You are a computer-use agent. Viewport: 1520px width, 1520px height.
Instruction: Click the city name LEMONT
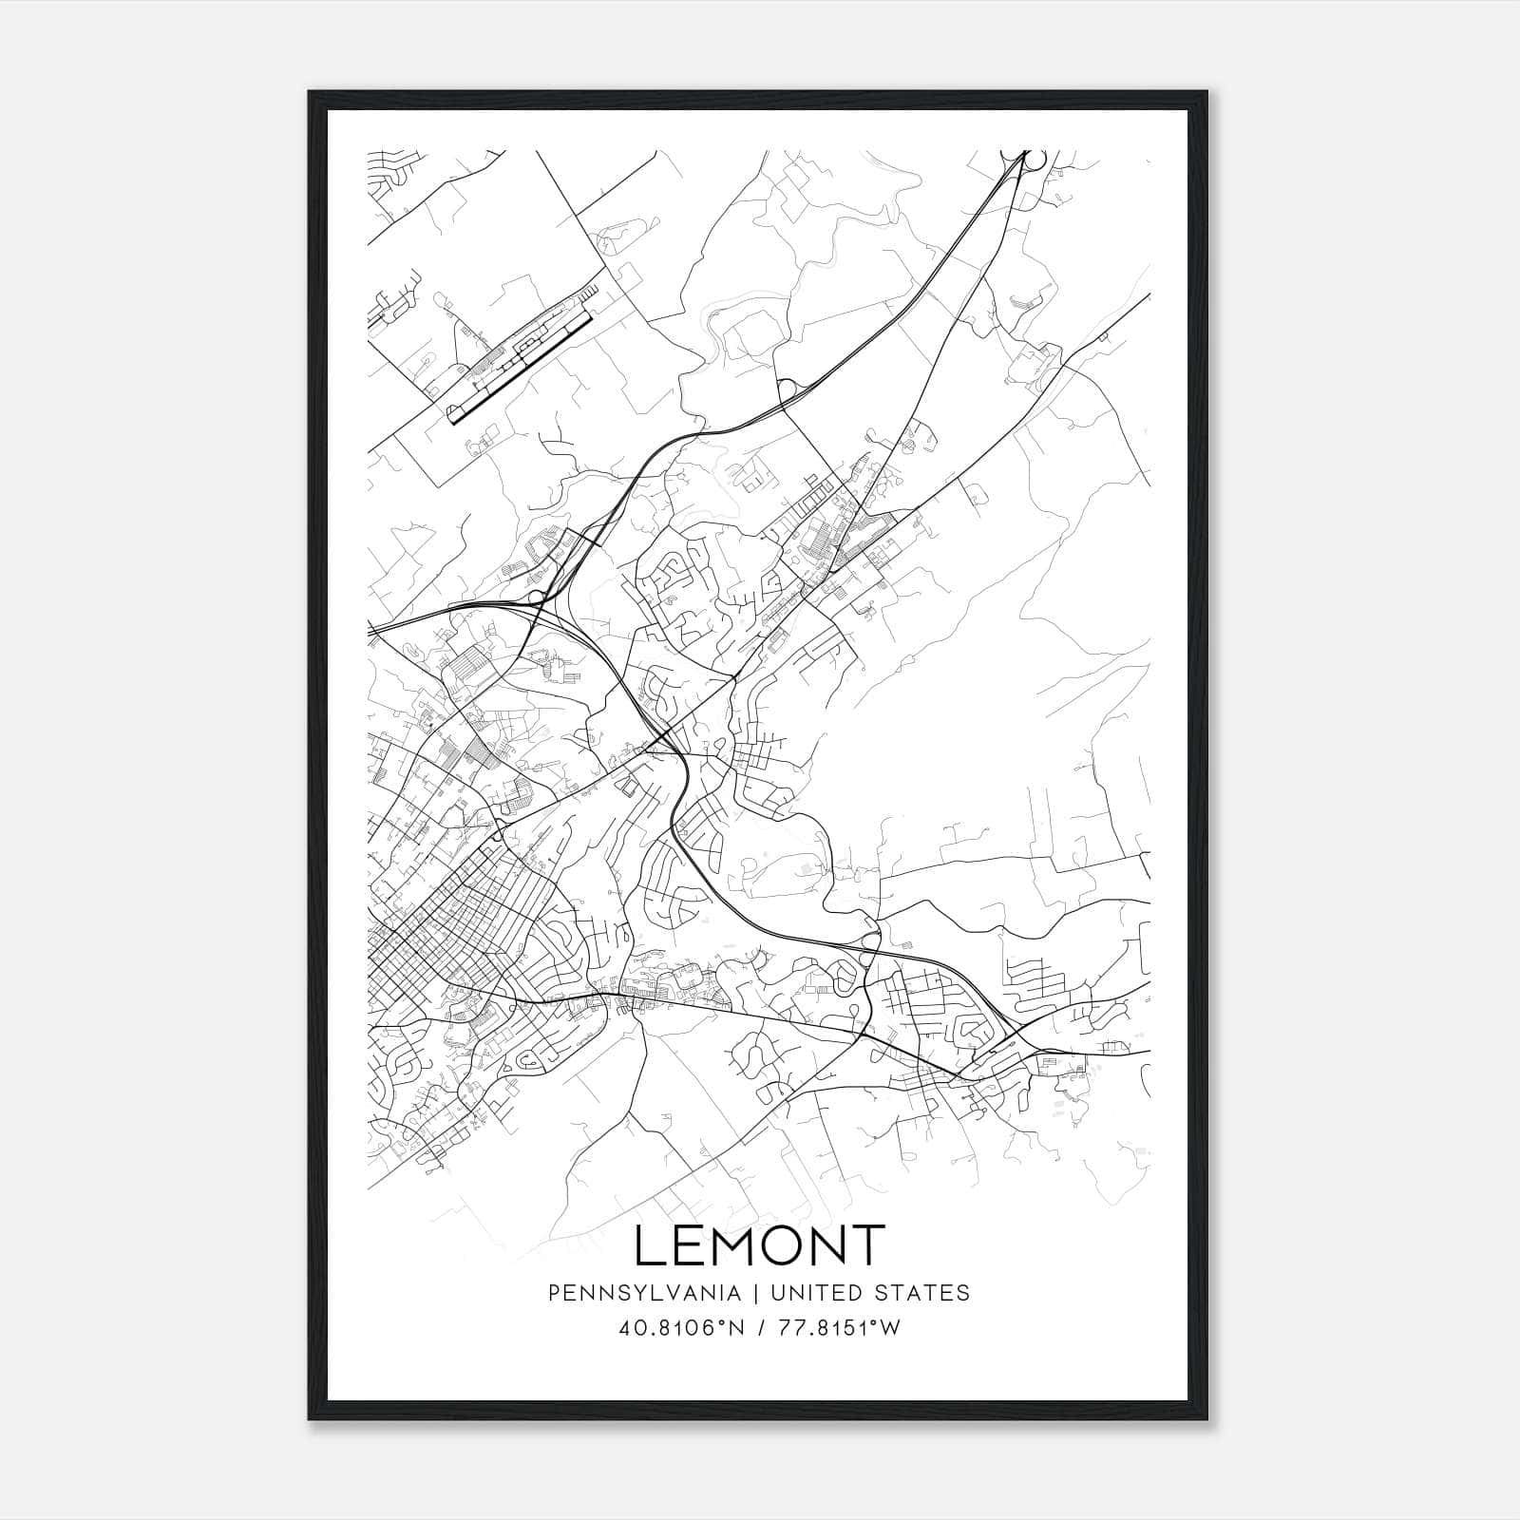pos(759,1245)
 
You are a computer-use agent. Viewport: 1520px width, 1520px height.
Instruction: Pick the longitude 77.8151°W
pos(839,1328)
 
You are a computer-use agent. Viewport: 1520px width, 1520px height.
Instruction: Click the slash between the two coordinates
pos(762,1328)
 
